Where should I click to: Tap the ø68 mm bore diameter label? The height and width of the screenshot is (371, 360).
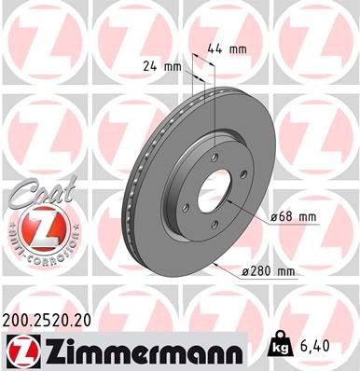tap(294, 218)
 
